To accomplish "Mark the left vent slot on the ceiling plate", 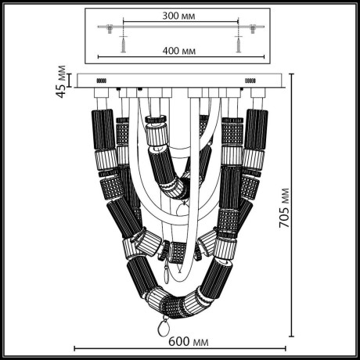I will click(101, 81).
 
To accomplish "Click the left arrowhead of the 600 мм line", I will click(74, 347).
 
